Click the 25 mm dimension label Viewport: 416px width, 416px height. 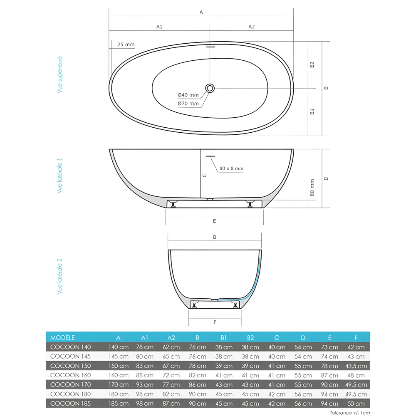pyautogui.click(x=126, y=45)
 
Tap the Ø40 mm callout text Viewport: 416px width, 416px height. pyautogui.click(x=188, y=95)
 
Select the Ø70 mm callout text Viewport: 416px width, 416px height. pyautogui.click(x=188, y=104)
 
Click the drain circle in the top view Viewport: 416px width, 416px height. pyautogui.click(x=210, y=88)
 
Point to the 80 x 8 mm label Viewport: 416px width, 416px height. pyautogui.click(x=232, y=168)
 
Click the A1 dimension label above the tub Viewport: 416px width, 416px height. pyautogui.click(x=159, y=27)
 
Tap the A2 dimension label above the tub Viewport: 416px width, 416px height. pyautogui.click(x=252, y=27)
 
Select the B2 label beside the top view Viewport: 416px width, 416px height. pyautogui.click(x=312, y=64)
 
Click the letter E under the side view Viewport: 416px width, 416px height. pyautogui.click(x=214, y=221)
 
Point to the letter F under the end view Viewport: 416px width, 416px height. pyautogui.click(x=215, y=322)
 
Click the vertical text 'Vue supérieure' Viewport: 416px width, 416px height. pyautogui.click(x=59, y=74)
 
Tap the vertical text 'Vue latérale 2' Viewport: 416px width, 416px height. pyautogui.click(x=59, y=276)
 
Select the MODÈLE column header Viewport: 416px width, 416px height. pyautogui.click(x=62, y=337)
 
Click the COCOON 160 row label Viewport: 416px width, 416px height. pyautogui.click(x=70, y=375)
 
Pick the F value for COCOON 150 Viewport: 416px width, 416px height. pyautogui.click(x=357, y=366)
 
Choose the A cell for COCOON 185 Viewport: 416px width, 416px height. pyautogui.click(x=119, y=404)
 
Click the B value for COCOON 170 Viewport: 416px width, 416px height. pyautogui.click(x=198, y=385)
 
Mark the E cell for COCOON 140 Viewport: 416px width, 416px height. pyautogui.click(x=330, y=347)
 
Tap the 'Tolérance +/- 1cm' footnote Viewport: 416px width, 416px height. pyautogui.click(x=350, y=413)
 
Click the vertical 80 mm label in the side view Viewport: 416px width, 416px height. pyautogui.click(x=312, y=188)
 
